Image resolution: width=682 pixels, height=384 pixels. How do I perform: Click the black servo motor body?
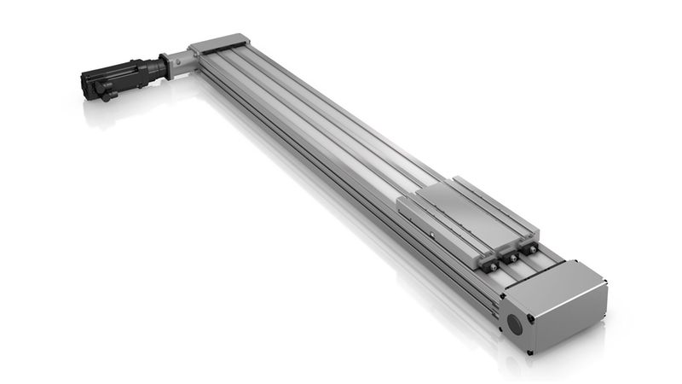(x=119, y=77)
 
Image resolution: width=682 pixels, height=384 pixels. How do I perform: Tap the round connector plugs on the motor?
(x=106, y=89)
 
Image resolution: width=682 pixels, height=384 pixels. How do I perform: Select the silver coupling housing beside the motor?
(x=180, y=62)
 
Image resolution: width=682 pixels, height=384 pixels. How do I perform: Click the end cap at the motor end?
(x=217, y=43)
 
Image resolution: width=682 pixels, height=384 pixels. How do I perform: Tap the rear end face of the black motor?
(x=86, y=82)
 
